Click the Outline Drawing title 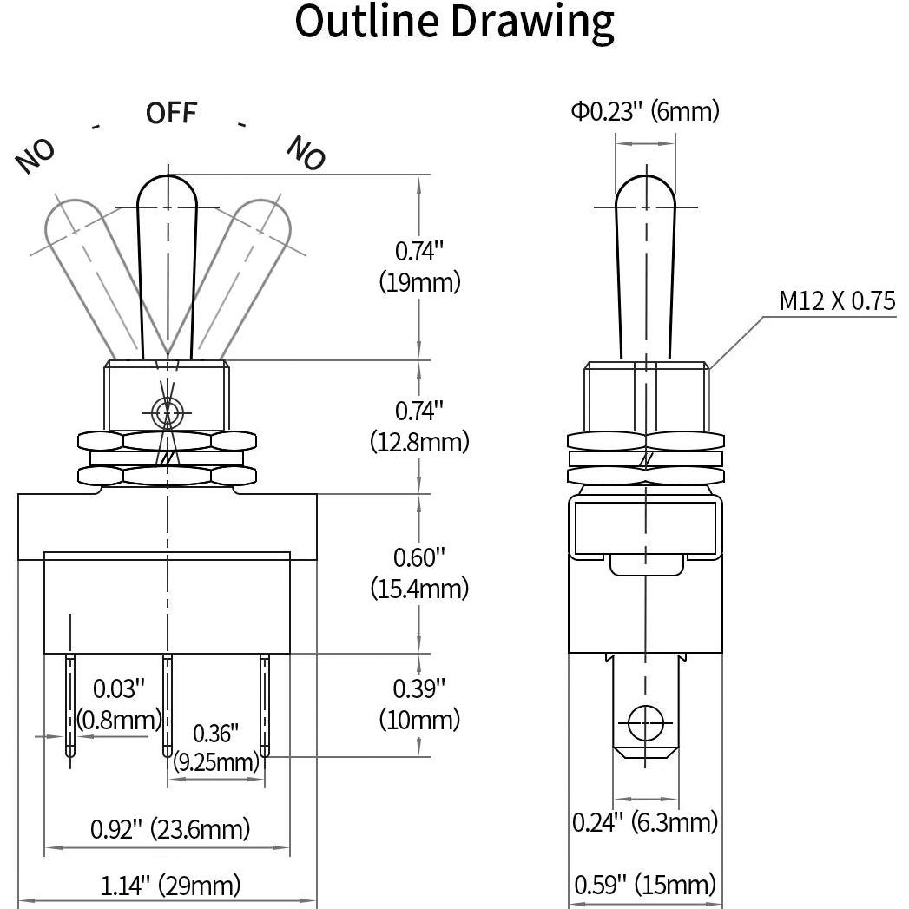click(454, 23)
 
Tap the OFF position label click(171, 113)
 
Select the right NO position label click(306, 153)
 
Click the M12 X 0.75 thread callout click(836, 301)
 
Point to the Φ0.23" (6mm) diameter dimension click(644, 111)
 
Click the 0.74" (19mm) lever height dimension click(419, 267)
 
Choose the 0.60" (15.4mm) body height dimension click(419, 573)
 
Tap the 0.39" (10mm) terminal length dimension click(419, 704)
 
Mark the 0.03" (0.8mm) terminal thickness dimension click(119, 704)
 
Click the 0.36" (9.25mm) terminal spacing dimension click(215, 748)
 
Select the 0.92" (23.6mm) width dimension click(170, 829)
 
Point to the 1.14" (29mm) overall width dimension click(170, 886)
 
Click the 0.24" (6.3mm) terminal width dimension click(644, 821)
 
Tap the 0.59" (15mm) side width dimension click(644, 886)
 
